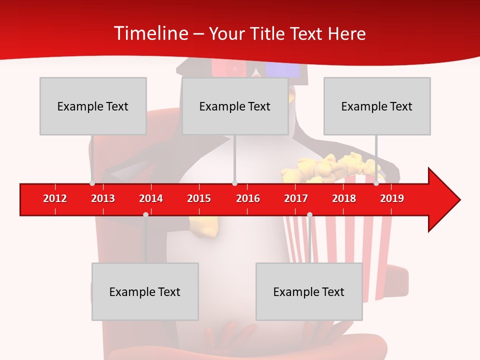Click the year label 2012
click(x=55, y=198)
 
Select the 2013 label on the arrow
click(x=103, y=198)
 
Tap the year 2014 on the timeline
click(x=151, y=198)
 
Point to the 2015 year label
click(x=199, y=198)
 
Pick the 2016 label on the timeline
click(x=248, y=198)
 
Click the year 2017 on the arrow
click(x=296, y=198)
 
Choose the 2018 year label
click(x=344, y=198)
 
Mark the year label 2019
click(x=392, y=198)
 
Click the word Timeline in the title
click(x=150, y=33)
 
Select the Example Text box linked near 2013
click(x=93, y=106)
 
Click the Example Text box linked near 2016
click(x=235, y=106)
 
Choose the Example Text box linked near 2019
click(x=377, y=106)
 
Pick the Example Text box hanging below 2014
click(x=145, y=291)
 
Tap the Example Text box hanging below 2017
click(x=309, y=291)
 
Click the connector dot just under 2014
click(x=145, y=214)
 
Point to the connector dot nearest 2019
click(x=376, y=183)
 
